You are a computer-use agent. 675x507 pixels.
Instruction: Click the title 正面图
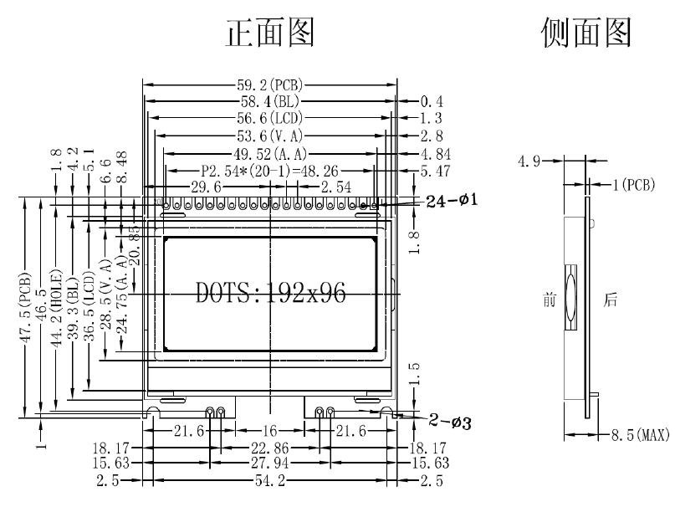(271, 33)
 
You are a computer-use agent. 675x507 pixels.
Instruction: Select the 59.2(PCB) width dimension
(269, 84)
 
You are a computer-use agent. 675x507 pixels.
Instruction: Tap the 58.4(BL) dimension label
(269, 101)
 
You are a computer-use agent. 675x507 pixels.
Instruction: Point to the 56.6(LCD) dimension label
(269, 118)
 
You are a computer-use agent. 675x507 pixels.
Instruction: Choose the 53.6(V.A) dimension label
(269, 135)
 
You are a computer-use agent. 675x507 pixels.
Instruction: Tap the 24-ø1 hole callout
(452, 201)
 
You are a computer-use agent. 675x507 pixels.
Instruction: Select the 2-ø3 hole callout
(450, 422)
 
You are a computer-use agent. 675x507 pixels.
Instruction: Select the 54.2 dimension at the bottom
(269, 482)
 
